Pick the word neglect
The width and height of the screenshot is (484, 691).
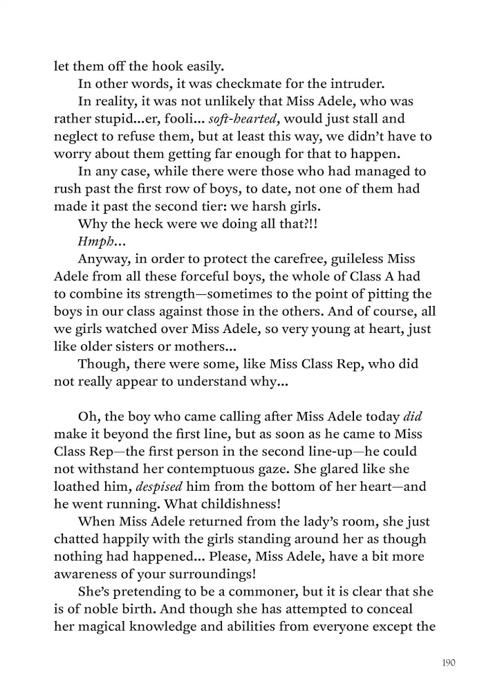click(x=78, y=140)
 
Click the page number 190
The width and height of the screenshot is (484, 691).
click(x=448, y=663)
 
